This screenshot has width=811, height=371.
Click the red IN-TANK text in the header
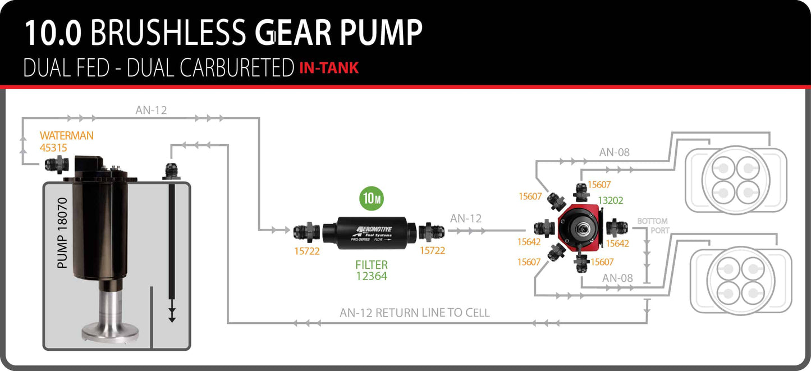tap(329, 68)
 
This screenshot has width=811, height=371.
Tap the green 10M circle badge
tap(371, 198)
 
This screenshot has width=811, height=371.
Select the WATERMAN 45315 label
tap(66, 141)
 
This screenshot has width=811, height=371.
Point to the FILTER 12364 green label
tap(371, 270)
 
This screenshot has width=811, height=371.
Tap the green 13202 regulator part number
tap(611, 200)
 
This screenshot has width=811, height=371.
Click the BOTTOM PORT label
tap(652, 226)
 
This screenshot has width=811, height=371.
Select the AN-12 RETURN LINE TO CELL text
tap(415, 313)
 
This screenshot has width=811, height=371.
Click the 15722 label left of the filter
tap(306, 251)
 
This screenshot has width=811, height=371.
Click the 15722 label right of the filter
tap(432, 251)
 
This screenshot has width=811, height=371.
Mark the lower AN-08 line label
tap(617, 277)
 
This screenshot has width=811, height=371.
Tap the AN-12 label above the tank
tap(151, 111)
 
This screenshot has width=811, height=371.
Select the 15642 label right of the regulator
tap(617, 244)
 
